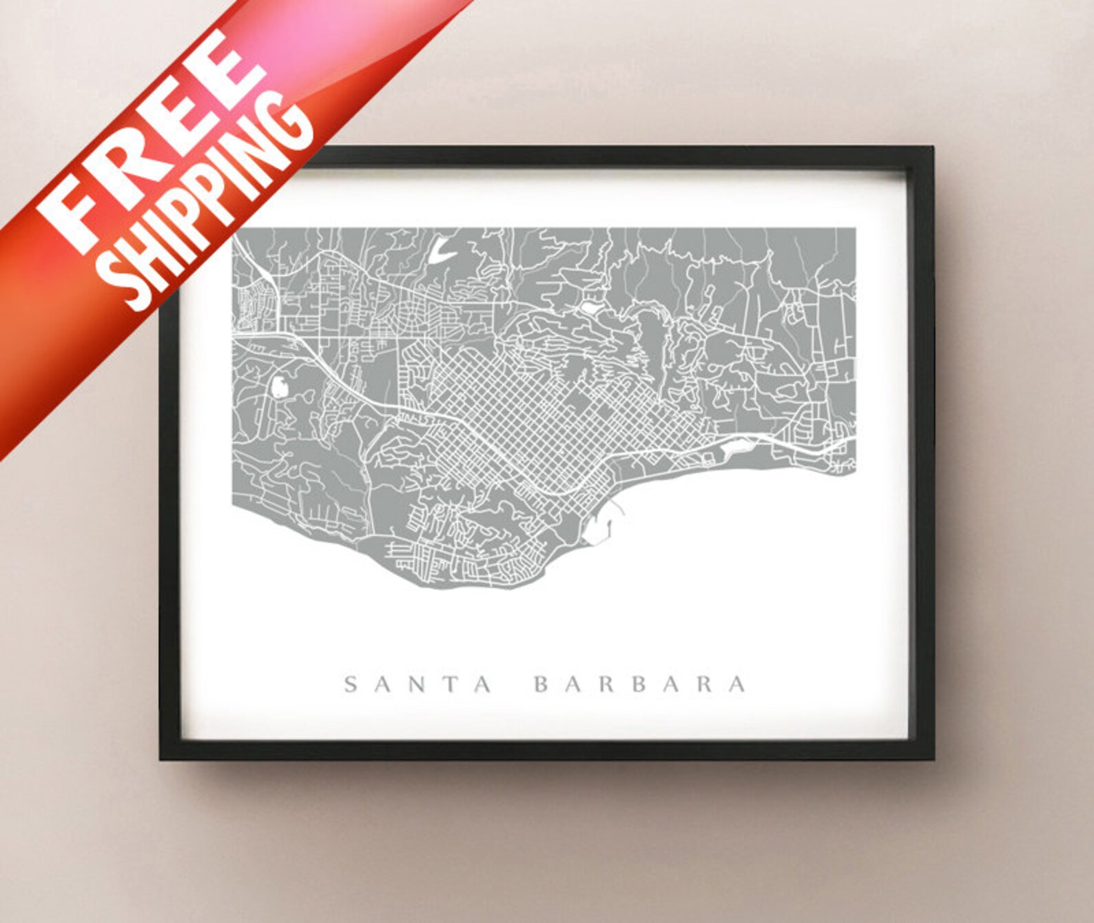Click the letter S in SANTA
351,684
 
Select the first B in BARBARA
542,684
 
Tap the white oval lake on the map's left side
280,386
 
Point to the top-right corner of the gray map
855,229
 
